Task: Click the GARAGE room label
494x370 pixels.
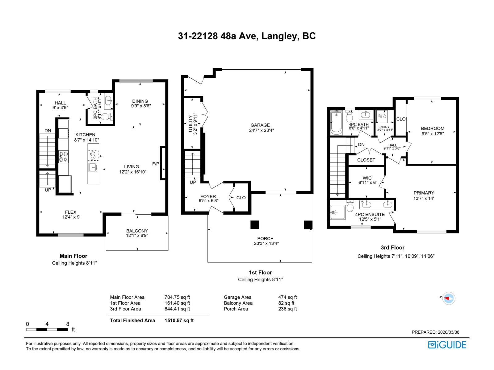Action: pos(260,125)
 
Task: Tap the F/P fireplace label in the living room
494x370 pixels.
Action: pos(156,164)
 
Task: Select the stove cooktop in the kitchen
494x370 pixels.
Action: pos(64,156)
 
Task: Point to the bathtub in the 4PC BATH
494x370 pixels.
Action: pos(336,123)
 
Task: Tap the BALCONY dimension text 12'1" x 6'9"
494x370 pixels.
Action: pos(137,236)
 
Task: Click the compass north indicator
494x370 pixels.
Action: pos(448,298)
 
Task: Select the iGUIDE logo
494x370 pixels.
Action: pos(447,344)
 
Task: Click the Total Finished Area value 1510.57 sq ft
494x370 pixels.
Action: pos(179,320)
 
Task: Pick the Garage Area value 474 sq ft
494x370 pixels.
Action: pos(287,297)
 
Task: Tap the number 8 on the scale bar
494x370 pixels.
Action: pos(68,324)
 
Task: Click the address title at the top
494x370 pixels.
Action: pos(247,36)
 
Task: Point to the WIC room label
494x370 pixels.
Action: pos(367,178)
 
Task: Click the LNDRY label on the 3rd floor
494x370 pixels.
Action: pos(384,127)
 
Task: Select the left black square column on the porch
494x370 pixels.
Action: pos(255,225)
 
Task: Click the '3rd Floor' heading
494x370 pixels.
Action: pos(392,248)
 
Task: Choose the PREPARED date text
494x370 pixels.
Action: pos(435,332)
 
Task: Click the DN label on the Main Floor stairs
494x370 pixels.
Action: pos(48,131)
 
